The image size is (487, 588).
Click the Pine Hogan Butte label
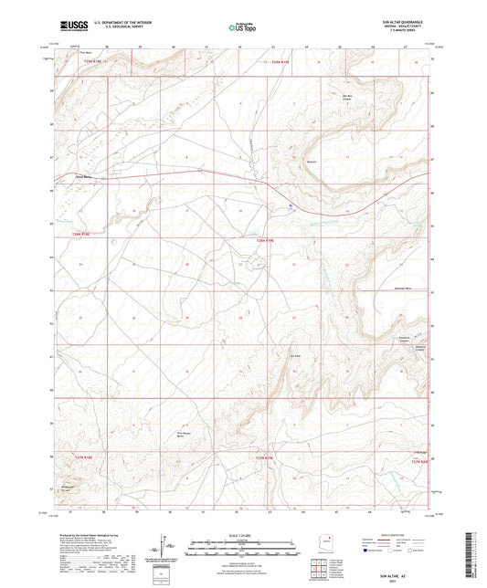pos(182,436)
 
